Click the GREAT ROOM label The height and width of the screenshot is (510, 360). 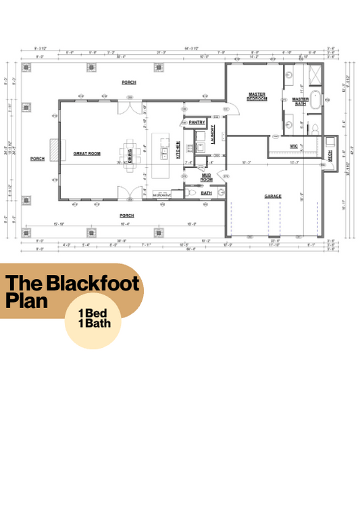pyautogui.click(x=87, y=154)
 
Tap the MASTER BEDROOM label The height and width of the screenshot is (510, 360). pyautogui.click(x=257, y=97)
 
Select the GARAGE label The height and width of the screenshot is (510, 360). pyautogui.click(x=272, y=197)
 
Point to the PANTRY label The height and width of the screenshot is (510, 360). pyautogui.click(x=197, y=122)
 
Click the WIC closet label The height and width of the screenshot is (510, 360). pyautogui.click(x=294, y=146)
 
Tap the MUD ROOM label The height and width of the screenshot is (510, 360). pyautogui.click(x=207, y=178)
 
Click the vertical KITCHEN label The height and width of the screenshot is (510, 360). pyautogui.click(x=178, y=150)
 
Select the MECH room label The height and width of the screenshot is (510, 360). pyautogui.click(x=330, y=154)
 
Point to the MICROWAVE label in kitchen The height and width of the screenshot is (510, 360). pyautogui.click(x=161, y=195)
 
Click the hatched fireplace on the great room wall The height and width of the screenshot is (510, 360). pyautogui.click(x=54, y=148)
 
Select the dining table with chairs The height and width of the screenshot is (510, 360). pyautogui.click(x=130, y=153)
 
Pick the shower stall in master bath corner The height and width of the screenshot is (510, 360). pyautogui.click(x=315, y=74)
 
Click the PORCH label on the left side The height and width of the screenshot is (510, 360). pyautogui.click(x=38, y=159)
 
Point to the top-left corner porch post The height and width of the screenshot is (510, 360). pyautogui.click(x=27, y=68)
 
